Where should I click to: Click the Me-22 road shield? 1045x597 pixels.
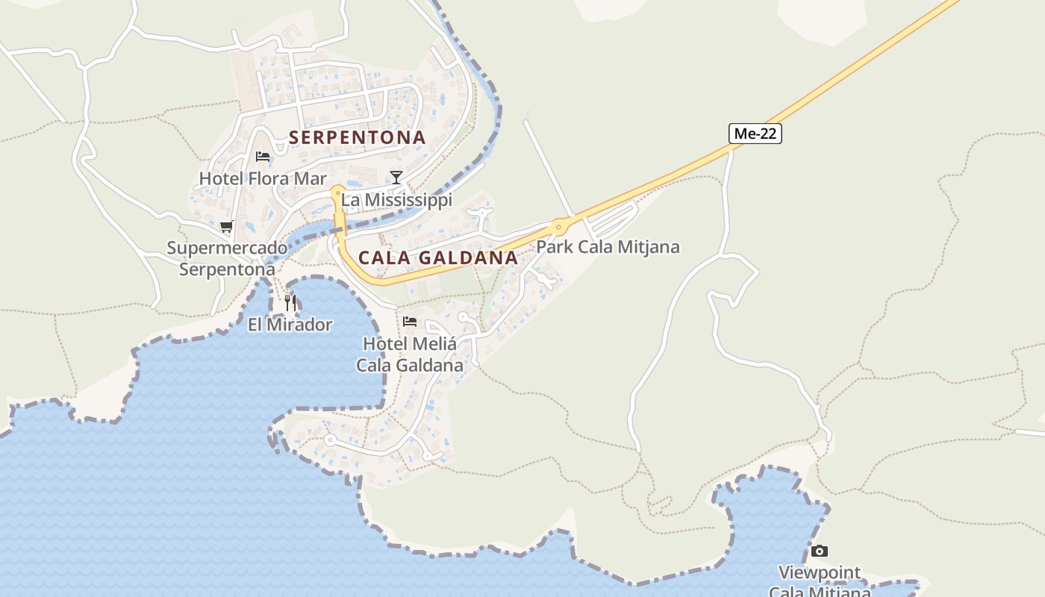[x=755, y=134]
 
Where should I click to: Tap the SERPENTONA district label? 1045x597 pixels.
[x=357, y=137]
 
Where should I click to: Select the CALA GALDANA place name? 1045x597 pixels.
[x=437, y=258]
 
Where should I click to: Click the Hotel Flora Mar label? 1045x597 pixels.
[x=263, y=179]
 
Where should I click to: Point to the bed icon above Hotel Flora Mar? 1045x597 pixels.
[x=263, y=157]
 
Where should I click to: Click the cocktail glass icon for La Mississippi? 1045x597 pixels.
[x=396, y=178]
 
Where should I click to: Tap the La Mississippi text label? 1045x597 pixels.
[x=396, y=200]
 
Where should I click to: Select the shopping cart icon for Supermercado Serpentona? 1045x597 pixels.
[x=226, y=226]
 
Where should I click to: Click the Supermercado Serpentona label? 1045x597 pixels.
[x=227, y=258]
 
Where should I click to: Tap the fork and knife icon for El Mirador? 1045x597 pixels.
[x=290, y=302]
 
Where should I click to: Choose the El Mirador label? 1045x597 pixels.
[x=290, y=325]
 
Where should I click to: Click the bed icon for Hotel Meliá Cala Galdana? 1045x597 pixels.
[x=409, y=322]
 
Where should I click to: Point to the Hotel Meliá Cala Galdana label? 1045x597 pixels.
[x=409, y=354]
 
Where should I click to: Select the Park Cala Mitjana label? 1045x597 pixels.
[x=608, y=247]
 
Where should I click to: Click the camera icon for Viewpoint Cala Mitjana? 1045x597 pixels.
[x=820, y=551]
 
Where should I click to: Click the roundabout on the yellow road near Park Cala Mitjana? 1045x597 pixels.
[x=558, y=227]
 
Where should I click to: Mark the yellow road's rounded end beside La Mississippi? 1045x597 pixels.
[x=337, y=192]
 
